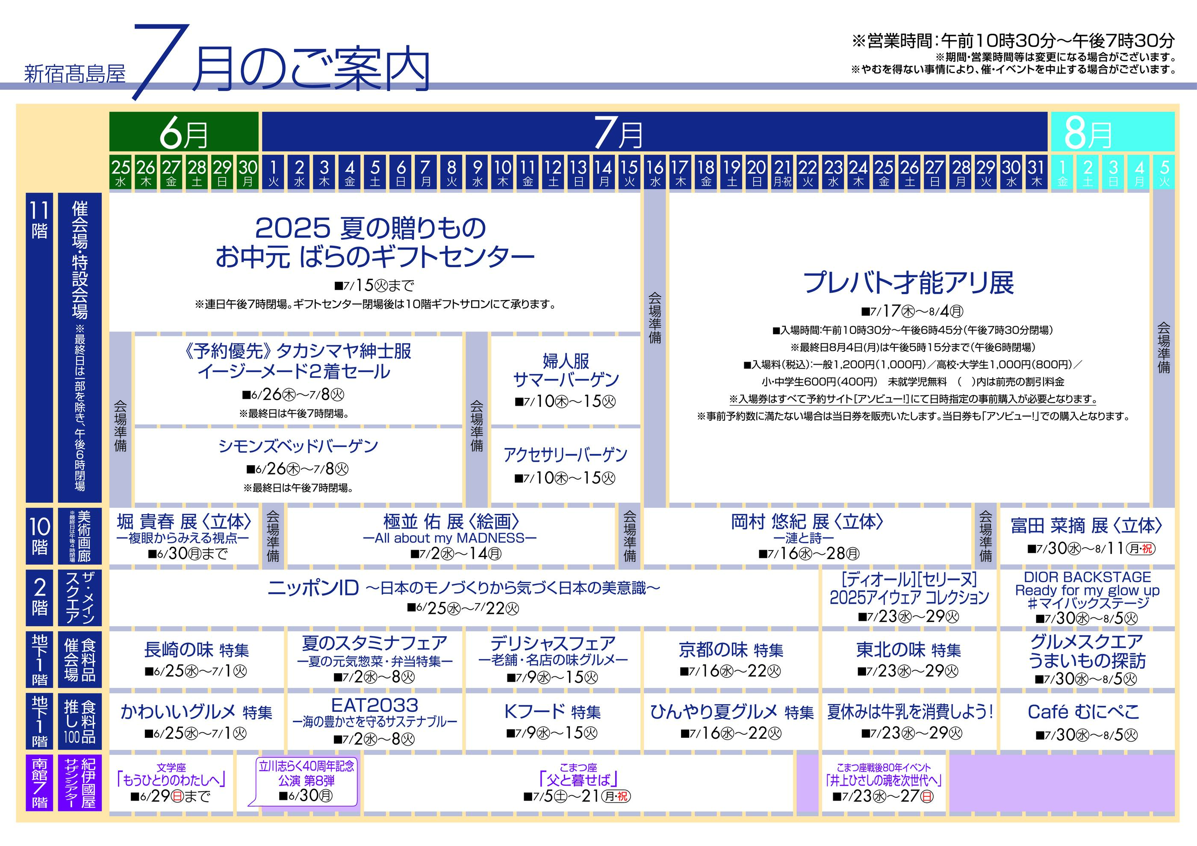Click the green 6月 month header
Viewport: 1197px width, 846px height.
[x=183, y=132]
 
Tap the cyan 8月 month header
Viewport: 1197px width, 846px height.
[x=1111, y=132]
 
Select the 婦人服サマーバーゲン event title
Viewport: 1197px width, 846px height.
[x=566, y=370]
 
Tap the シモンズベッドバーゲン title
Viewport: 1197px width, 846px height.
[x=298, y=446]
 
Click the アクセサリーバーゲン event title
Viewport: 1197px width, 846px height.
[x=566, y=454]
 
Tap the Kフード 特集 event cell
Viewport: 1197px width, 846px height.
[x=553, y=722]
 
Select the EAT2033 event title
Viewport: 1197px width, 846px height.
[x=375, y=705]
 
